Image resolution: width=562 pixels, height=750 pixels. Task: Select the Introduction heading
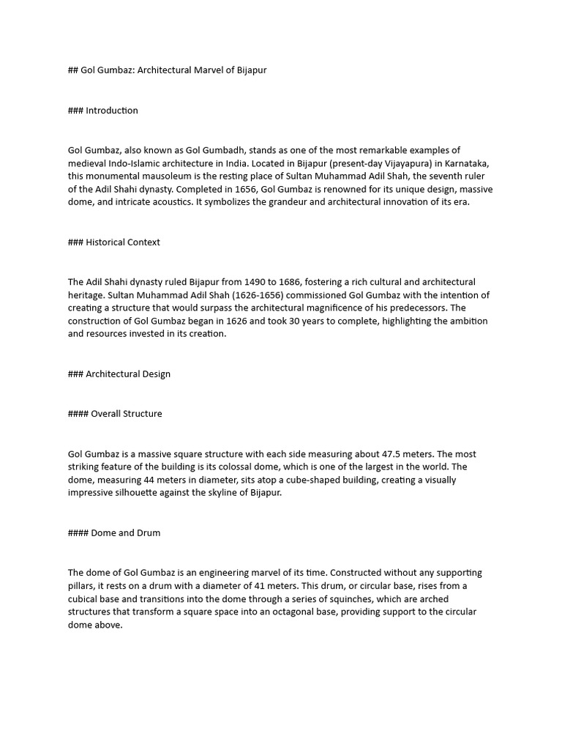[111, 111]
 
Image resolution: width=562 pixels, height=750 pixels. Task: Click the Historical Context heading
[123, 242]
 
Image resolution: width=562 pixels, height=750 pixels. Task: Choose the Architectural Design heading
[128, 374]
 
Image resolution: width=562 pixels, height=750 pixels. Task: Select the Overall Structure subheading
[127, 414]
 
